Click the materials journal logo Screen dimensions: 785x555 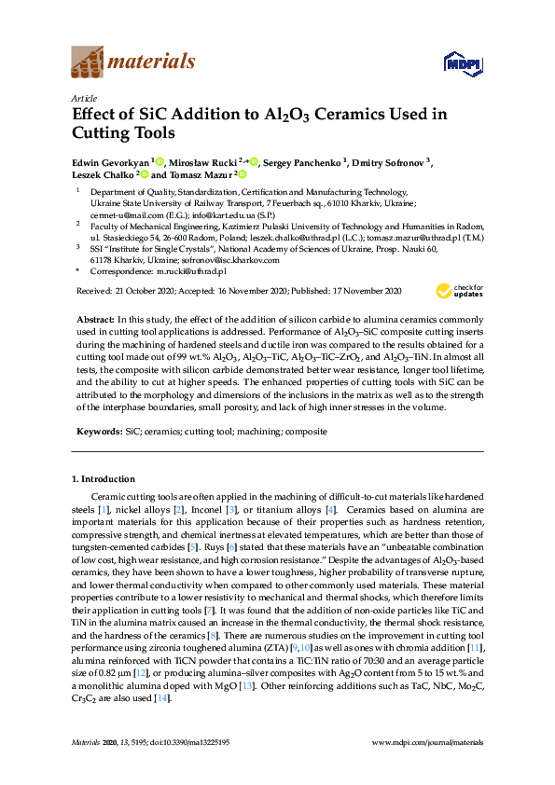tap(133, 62)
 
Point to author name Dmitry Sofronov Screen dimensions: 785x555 tap(387, 163)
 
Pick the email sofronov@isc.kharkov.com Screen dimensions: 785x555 tap(213, 260)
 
